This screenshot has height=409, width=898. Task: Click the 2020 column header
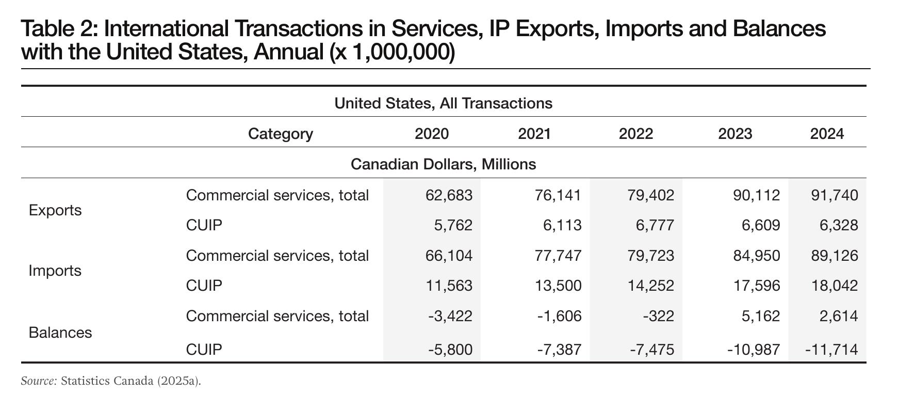(432, 134)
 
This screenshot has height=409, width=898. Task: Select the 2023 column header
(735, 134)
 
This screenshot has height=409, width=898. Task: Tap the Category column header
(281, 134)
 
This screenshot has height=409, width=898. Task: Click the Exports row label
(55, 210)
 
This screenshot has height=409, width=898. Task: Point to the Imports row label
(55, 271)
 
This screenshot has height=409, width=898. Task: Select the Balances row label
(60, 332)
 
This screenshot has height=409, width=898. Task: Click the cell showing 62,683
(449, 195)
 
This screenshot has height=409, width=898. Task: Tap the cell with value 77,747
(559, 256)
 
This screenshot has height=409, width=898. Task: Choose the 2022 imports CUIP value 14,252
(651, 286)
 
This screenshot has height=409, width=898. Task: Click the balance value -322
(658, 316)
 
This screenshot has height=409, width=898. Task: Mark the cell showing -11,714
(831, 350)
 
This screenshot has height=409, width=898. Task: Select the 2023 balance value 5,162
(760, 316)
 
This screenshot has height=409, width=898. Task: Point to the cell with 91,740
(836, 195)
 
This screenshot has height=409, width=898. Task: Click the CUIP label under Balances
(204, 350)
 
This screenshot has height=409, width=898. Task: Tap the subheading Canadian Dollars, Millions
(443, 164)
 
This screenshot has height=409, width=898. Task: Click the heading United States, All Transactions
(443, 103)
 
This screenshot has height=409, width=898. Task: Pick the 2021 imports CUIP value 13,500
(559, 286)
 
